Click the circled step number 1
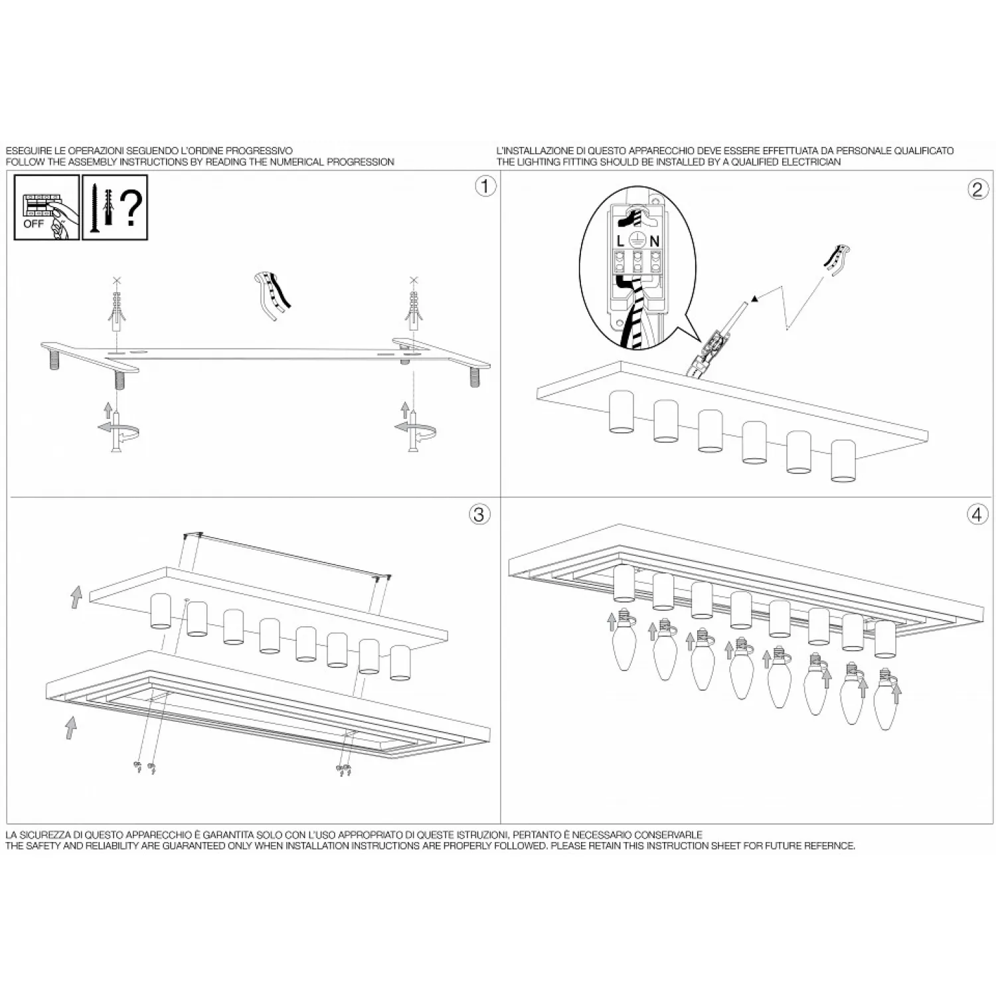485,187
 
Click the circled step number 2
976,190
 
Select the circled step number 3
479,515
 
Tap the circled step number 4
976,515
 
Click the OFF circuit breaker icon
46,207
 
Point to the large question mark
132,207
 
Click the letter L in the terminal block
621,241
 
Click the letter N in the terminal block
654,241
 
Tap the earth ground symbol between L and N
637,240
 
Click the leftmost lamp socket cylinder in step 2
622,412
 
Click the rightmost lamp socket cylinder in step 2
843,460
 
